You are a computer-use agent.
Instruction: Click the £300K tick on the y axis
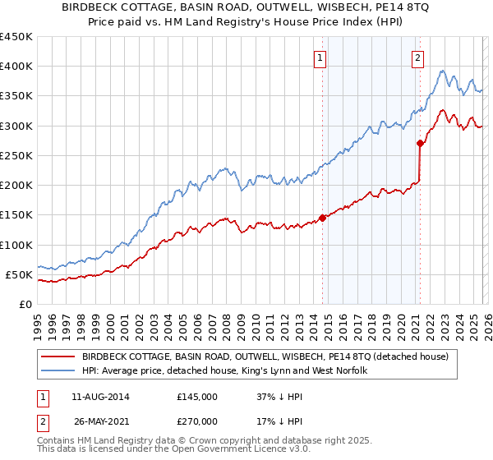pos(16,126)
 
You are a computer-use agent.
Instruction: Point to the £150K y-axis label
pos(16,215)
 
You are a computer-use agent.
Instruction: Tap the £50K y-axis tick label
pos(20,274)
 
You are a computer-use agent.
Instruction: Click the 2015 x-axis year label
pos(329,320)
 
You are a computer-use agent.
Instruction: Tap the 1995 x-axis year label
pos(39,320)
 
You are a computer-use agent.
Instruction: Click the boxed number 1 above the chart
pos(319,57)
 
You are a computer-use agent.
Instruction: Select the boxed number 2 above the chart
pos(418,57)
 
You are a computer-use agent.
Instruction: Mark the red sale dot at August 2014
pos(322,218)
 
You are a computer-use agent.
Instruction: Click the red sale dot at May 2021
pos(421,143)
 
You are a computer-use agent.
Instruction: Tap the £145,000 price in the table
pos(196,396)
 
